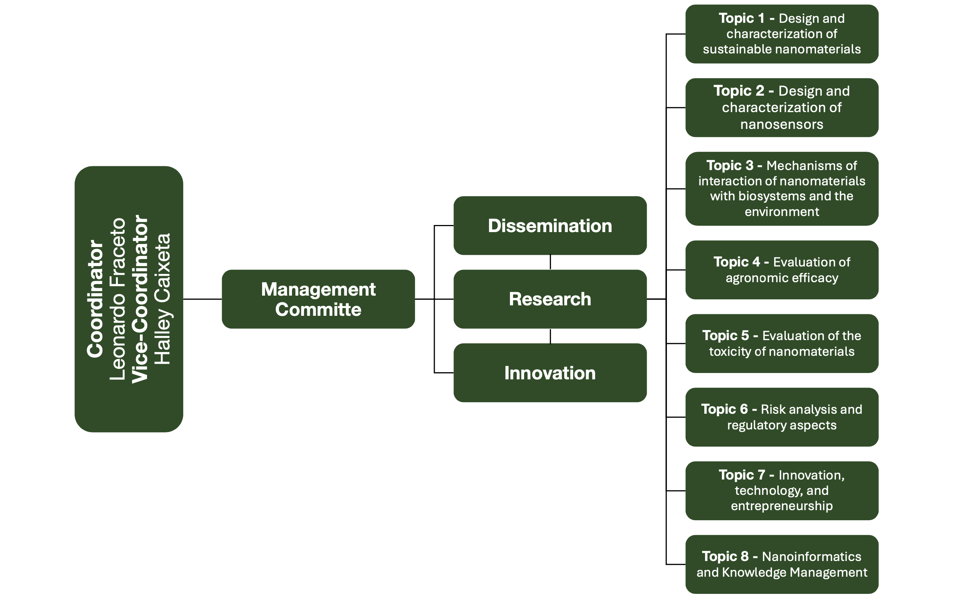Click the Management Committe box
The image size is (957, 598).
coord(318,299)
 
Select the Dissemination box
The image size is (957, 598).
coord(550,225)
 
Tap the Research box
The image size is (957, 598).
coord(550,299)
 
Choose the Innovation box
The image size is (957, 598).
coord(550,373)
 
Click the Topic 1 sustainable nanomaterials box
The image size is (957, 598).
coord(781,34)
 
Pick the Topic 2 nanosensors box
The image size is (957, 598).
coord(781,108)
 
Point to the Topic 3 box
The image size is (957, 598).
coord(781,189)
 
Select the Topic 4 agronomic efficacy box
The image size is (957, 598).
coord(781,270)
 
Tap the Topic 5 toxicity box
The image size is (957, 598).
coord(781,343)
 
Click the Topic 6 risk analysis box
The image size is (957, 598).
coord(781,417)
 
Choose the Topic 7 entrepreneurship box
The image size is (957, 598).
coord(781,490)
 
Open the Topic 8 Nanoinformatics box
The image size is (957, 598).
coord(781,564)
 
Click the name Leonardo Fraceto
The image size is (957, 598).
coord(118,299)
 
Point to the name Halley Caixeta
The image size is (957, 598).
coord(162,299)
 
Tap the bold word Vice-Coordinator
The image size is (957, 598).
coord(140,299)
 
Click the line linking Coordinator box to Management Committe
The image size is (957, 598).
coord(202,299)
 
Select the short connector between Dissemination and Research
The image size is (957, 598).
coord(550,262)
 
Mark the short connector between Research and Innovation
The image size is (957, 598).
coord(550,336)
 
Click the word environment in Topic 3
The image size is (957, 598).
coord(781,212)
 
